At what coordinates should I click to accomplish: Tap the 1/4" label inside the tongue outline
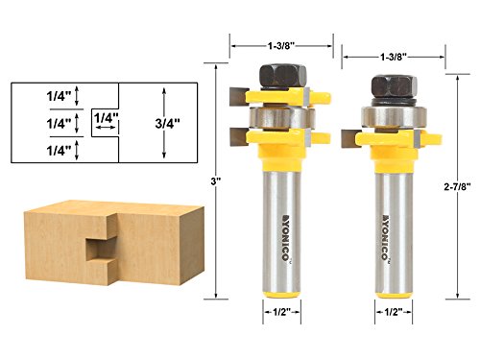coord(107,118)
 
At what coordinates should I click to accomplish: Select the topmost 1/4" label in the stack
coord(56,95)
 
